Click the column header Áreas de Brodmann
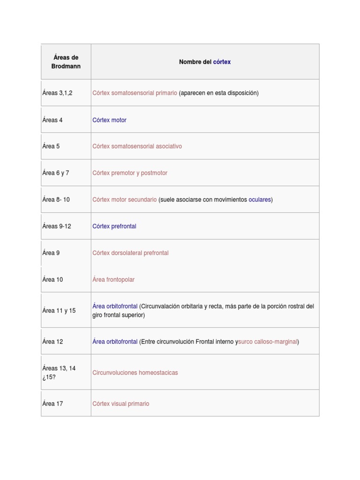(66, 62)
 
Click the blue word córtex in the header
(222, 62)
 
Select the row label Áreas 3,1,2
(57, 93)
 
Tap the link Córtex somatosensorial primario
(135, 93)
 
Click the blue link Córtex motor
(109, 120)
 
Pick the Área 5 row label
(51, 146)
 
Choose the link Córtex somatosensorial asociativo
(137, 146)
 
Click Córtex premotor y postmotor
(129, 173)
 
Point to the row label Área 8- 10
(56, 200)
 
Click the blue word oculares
(260, 200)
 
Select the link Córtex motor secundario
(124, 200)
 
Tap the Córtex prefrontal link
(114, 226)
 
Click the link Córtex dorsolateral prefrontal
(130, 253)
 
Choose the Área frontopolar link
(113, 280)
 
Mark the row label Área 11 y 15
(59, 311)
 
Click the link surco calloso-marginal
(268, 342)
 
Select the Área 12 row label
(52, 342)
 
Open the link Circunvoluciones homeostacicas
(135, 373)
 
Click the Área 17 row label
(52, 404)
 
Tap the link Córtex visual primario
(120, 404)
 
